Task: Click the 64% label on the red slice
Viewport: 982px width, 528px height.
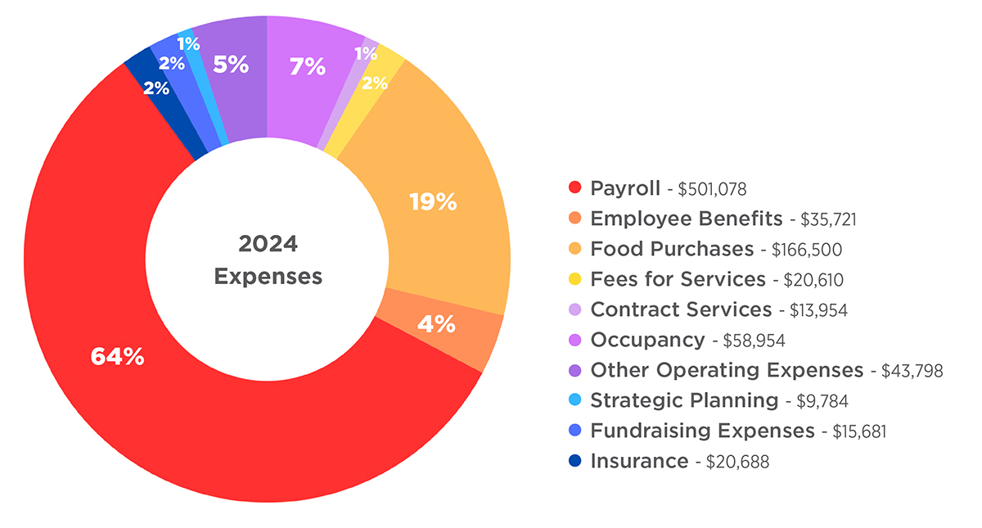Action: click(117, 357)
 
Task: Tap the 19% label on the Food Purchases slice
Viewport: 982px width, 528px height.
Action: click(433, 202)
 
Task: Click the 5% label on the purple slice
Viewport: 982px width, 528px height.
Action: click(231, 65)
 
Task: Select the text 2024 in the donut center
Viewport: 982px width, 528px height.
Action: click(268, 244)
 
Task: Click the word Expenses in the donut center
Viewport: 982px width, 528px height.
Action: click(268, 277)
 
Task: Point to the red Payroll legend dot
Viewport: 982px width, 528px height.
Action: click(574, 188)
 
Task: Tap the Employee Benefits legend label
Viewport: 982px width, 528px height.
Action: click(686, 219)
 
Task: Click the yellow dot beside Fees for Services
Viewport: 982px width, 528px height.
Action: click(574, 280)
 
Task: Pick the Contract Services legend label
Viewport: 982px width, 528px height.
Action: click(681, 309)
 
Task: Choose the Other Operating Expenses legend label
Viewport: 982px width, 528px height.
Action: click(727, 370)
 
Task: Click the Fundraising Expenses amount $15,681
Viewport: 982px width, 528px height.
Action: click(859, 431)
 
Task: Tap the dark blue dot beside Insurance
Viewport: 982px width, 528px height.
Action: click(574, 462)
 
